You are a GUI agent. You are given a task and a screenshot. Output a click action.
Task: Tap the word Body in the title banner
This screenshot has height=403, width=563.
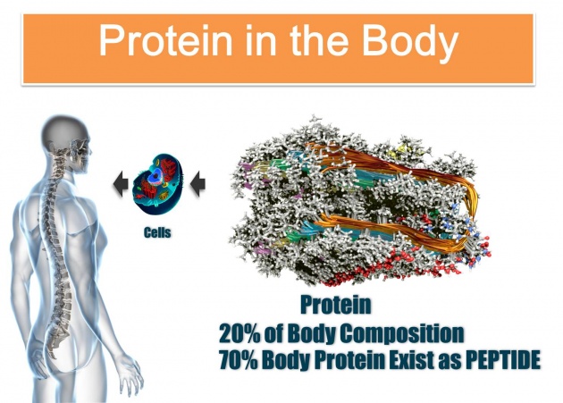(x=410, y=43)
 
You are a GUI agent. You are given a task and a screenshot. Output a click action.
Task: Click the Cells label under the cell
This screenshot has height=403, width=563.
(x=157, y=232)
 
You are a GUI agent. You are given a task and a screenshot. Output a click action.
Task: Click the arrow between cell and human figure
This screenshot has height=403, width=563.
(x=121, y=184)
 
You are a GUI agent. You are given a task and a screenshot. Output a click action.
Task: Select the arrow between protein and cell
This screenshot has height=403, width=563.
(x=197, y=184)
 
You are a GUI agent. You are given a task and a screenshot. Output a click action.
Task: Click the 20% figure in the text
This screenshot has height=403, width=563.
(x=239, y=333)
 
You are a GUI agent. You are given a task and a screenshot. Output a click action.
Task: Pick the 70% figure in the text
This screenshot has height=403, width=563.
(x=239, y=359)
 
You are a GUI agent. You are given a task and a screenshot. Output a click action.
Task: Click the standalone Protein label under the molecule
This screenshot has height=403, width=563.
(x=336, y=305)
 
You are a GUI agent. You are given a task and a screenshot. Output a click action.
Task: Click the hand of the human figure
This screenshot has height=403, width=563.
(x=131, y=374)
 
